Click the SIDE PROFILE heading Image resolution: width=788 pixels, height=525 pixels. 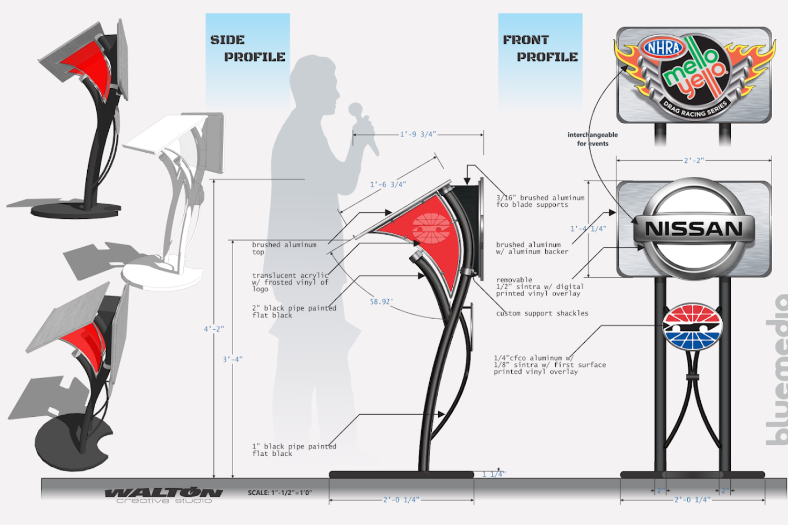click(247, 48)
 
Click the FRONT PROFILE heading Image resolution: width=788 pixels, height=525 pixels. click(540, 48)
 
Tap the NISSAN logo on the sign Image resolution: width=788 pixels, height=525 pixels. click(694, 229)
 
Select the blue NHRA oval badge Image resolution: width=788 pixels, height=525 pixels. click(663, 48)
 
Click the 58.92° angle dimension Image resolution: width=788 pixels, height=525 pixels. click(381, 302)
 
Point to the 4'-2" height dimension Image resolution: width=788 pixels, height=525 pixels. click(214, 329)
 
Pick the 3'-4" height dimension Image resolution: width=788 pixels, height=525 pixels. click(233, 360)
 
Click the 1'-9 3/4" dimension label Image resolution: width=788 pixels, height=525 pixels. click(418, 134)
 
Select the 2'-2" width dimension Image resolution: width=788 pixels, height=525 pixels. click(694, 160)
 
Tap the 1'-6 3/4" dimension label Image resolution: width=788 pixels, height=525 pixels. click(388, 184)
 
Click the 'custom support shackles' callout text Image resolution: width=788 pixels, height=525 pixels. click(542, 313)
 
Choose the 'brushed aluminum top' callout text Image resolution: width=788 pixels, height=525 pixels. click(284, 248)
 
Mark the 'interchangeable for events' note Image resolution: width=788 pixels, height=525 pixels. click(593, 139)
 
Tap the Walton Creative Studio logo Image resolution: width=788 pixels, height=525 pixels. click(164, 495)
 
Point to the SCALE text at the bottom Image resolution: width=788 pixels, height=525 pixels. click(280, 493)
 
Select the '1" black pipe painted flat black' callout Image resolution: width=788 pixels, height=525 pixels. click(294, 450)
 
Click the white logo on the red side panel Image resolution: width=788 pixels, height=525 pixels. click(431, 228)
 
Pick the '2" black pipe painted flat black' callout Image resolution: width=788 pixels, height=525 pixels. click(294, 312)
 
